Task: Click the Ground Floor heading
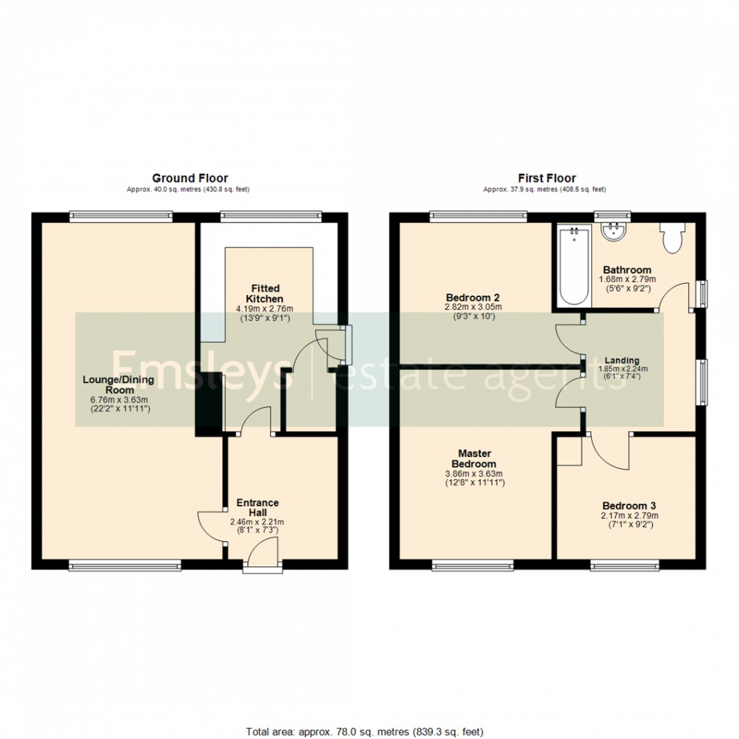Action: [x=190, y=178]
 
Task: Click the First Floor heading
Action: [x=546, y=178]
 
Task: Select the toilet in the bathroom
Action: [x=671, y=238]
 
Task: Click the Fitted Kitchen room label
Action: [x=264, y=293]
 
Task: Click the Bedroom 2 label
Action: [x=473, y=297]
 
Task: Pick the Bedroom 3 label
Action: [x=629, y=506]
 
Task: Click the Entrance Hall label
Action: [x=257, y=508]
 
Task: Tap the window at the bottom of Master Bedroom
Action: [x=473, y=564]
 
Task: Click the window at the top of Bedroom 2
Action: [x=478, y=214]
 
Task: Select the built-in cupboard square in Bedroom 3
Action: [x=569, y=451]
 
